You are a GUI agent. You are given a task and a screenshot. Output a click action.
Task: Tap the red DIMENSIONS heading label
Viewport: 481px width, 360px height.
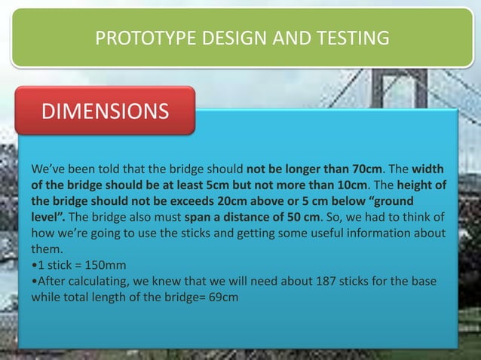(105, 112)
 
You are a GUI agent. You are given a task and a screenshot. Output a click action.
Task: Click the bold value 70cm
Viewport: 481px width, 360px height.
(365, 167)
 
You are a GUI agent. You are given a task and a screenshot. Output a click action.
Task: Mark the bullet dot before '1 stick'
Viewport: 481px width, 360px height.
(33, 265)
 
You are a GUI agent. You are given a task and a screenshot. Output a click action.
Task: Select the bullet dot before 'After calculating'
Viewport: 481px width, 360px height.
(33, 282)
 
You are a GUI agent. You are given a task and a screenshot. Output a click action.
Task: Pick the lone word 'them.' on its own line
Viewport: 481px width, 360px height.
(47, 249)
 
